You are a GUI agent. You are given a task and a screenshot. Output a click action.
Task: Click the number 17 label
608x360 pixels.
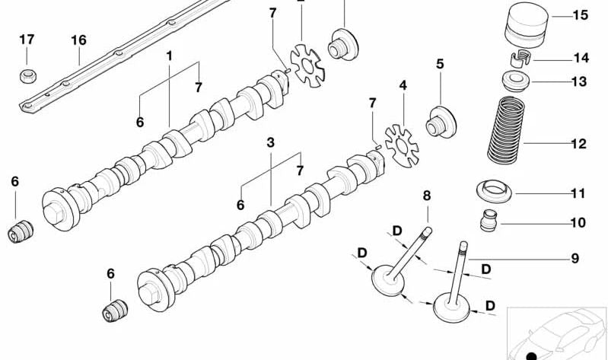[x=27, y=40]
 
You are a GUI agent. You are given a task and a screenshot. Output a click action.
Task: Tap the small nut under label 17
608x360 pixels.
[x=27, y=75]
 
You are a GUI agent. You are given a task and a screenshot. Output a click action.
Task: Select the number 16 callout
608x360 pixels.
[x=78, y=40]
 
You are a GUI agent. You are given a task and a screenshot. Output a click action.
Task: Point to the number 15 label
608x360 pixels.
[x=580, y=15]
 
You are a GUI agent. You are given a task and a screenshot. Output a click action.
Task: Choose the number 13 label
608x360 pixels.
[x=578, y=81]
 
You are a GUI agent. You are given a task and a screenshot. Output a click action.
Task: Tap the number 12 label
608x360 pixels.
[x=578, y=143]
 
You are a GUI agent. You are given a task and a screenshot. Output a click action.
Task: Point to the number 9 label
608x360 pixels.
[x=575, y=259]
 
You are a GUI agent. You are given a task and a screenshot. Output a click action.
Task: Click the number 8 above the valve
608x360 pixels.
[x=427, y=196]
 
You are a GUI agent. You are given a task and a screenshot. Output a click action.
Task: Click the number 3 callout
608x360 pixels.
[x=270, y=142]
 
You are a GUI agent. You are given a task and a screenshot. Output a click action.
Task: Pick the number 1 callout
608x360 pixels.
[x=169, y=56]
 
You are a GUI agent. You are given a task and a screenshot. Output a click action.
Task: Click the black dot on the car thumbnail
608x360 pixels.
[x=530, y=355]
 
